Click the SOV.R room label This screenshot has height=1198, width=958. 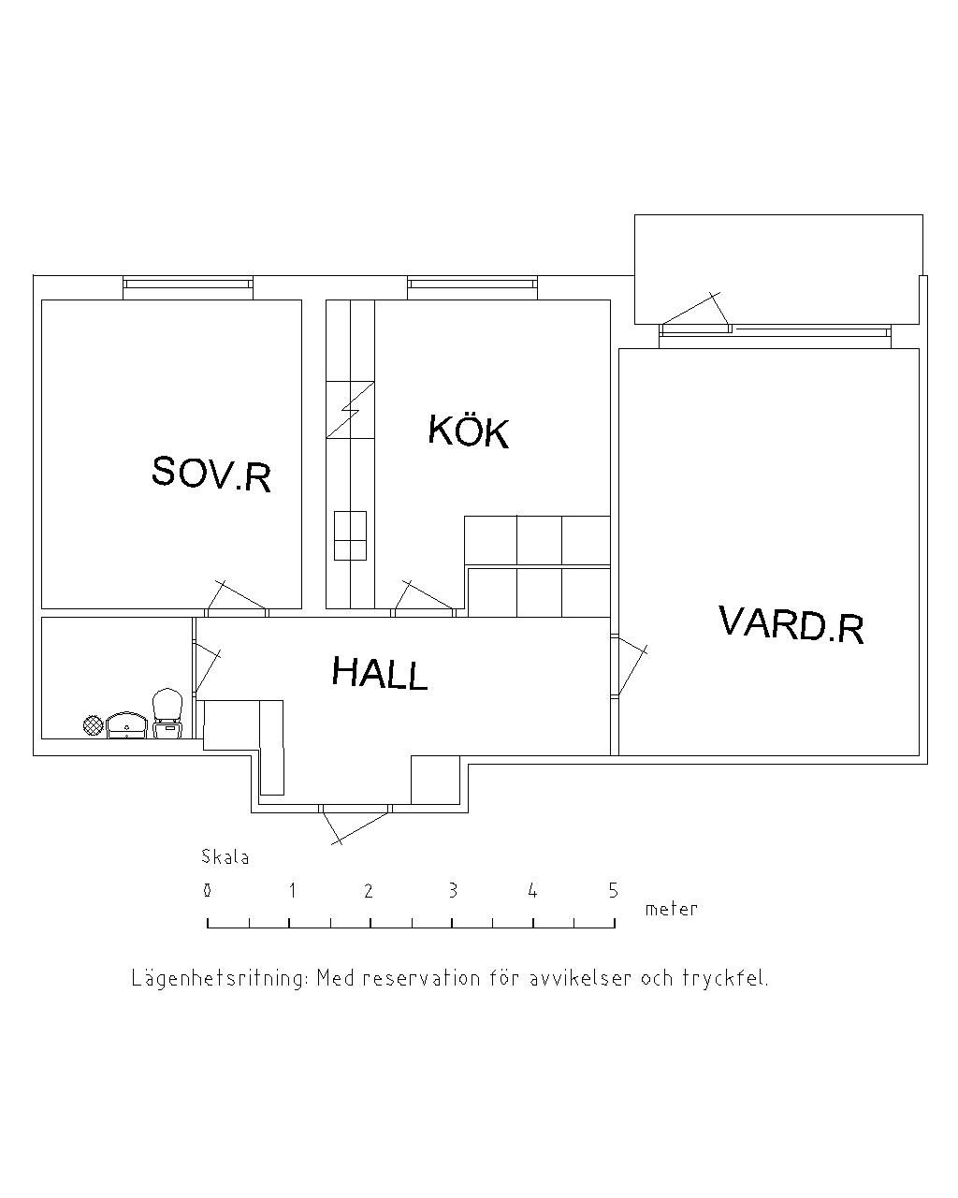211,474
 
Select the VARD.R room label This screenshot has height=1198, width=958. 791,624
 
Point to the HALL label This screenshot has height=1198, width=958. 380,673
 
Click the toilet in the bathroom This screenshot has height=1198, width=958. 167,712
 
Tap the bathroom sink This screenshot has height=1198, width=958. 126,724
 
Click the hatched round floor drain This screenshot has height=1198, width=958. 93,724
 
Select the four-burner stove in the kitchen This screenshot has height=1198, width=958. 350,535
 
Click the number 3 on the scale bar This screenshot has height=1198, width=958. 453,891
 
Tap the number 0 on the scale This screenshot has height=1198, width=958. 207,891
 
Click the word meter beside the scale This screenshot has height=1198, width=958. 672,909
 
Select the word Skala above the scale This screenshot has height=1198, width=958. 225,856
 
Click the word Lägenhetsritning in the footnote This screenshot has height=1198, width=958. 220,979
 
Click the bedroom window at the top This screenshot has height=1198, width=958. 188,284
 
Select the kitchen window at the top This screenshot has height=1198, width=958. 472,284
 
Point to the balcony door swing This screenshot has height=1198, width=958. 696,312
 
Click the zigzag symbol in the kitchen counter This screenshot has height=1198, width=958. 350,410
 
